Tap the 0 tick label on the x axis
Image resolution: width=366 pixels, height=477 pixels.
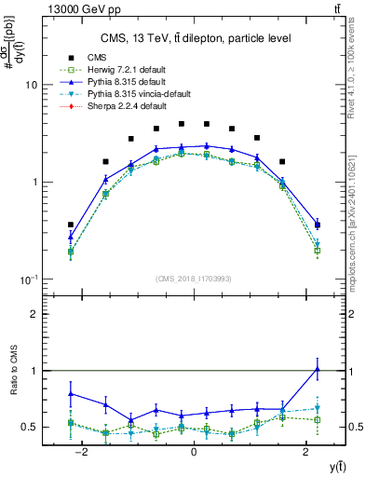tap(193, 452)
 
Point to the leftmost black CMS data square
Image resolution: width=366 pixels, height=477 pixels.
tap(71, 225)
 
